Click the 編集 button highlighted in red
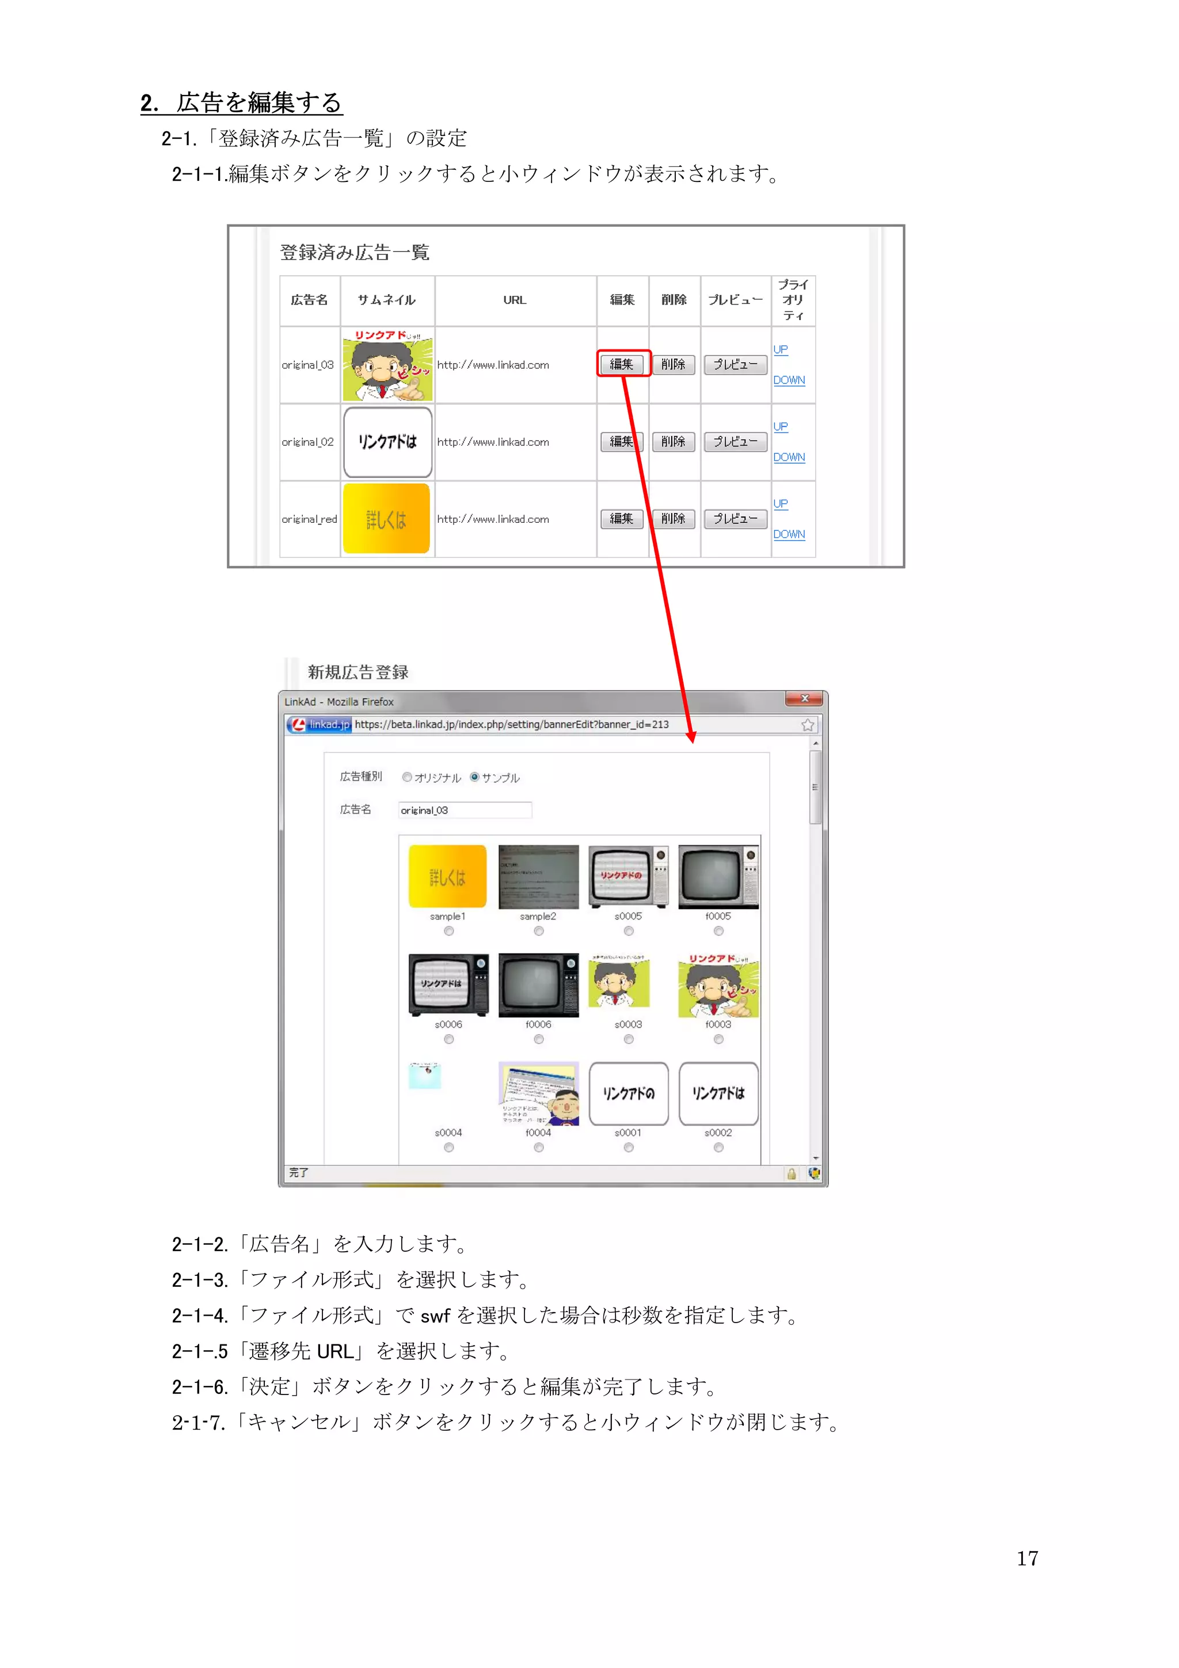point(622,364)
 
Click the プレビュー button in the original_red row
point(735,519)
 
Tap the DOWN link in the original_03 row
point(788,380)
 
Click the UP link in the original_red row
point(780,503)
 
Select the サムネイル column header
point(386,300)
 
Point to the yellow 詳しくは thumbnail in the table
point(386,519)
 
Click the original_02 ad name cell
point(309,442)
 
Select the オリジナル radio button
point(407,777)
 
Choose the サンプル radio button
point(474,777)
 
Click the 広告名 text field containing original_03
point(465,810)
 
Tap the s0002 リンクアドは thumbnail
point(718,1093)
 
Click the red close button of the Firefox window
point(804,699)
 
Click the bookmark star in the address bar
point(807,725)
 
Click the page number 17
point(1026,1558)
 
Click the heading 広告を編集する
point(258,102)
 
